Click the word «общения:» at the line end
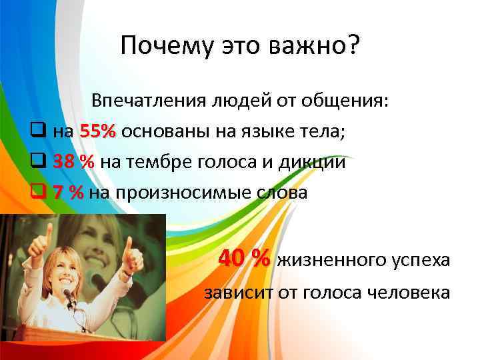[x=355, y=101]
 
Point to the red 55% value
[x=97, y=132]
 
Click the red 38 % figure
[x=74, y=163]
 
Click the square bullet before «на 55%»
[x=39, y=132]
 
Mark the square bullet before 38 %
[x=39, y=163]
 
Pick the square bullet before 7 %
[x=39, y=193]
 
